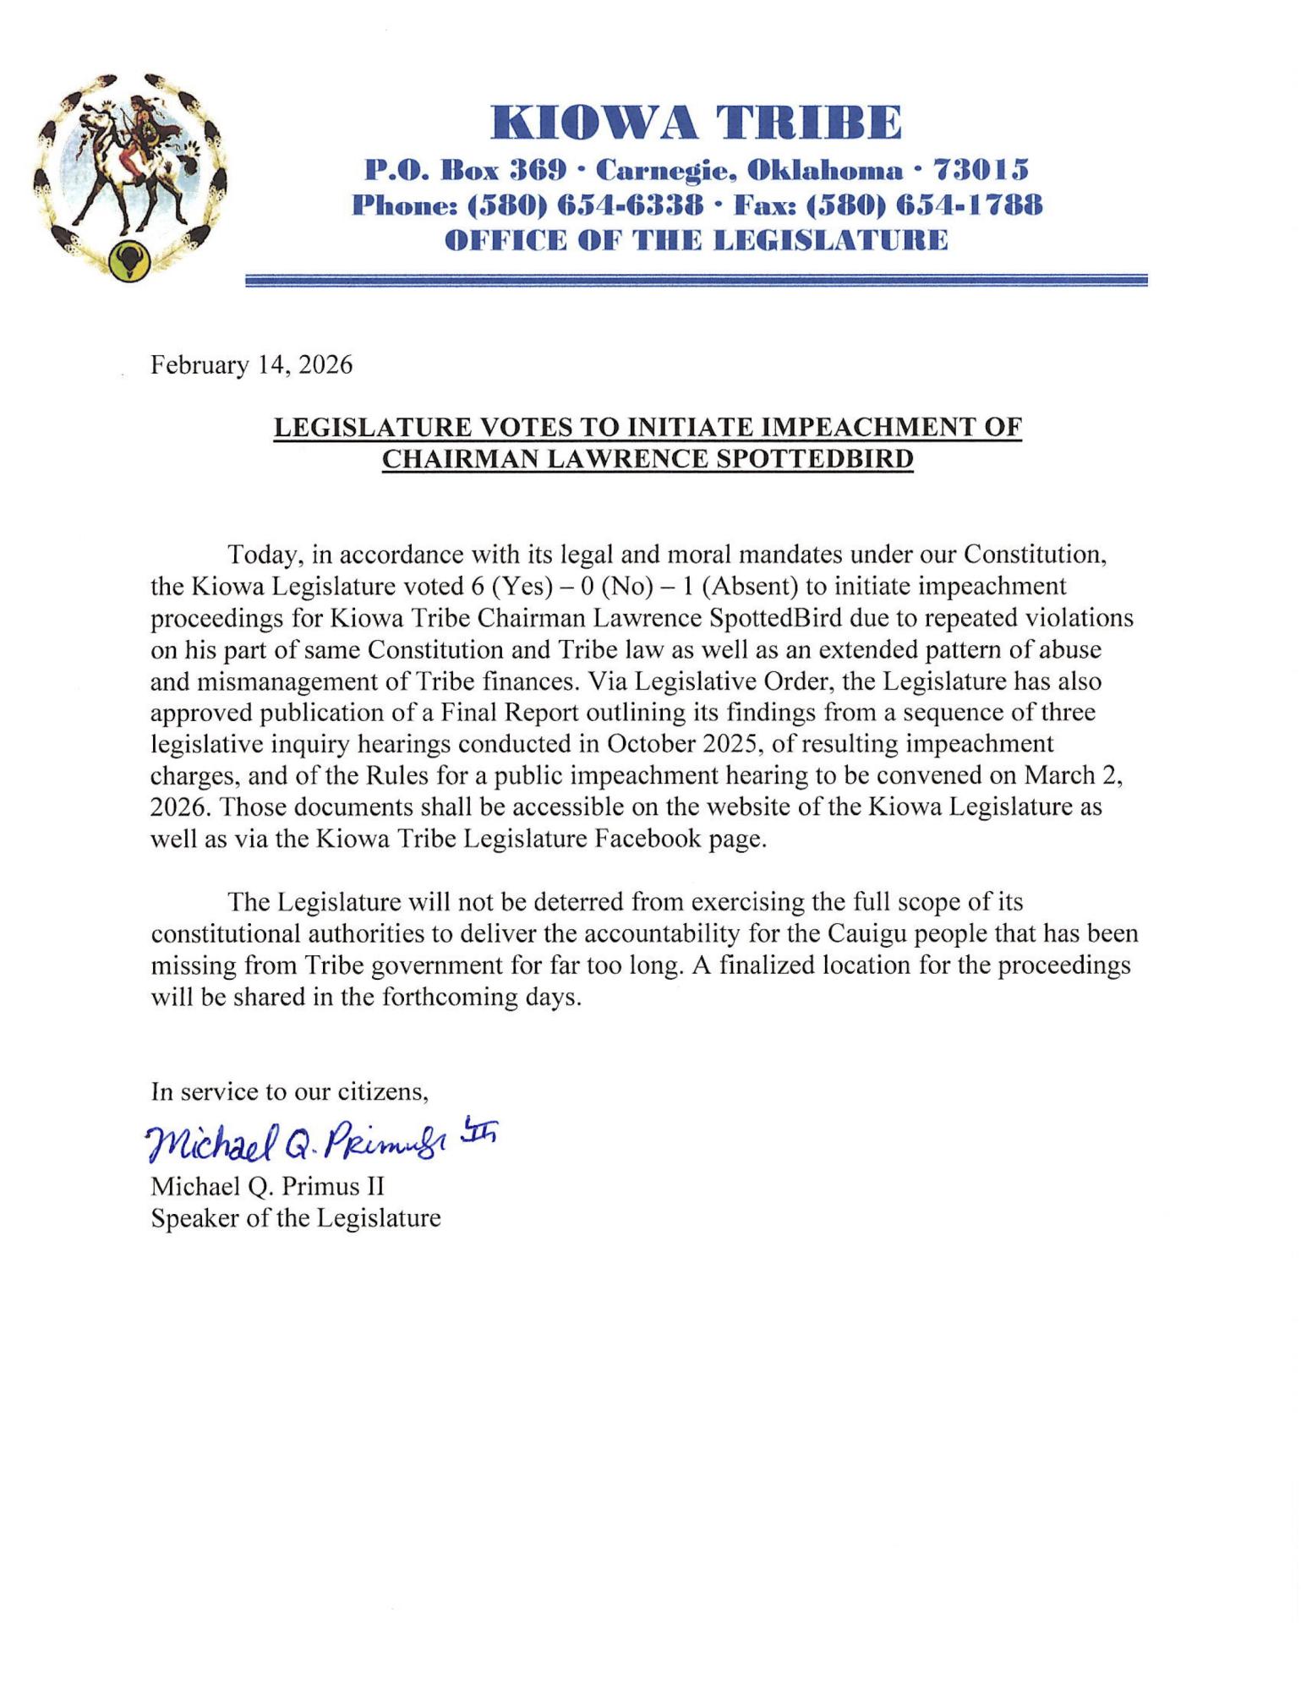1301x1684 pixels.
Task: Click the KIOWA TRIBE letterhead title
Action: [696, 123]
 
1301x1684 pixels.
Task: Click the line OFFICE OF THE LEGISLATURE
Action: [696, 241]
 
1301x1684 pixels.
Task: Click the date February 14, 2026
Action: [251, 365]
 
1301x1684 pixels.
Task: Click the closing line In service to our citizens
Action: [290, 1091]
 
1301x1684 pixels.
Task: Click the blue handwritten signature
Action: [321, 1143]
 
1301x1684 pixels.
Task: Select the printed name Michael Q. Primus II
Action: [267, 1187]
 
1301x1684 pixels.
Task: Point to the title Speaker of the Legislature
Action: [296, 1218]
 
